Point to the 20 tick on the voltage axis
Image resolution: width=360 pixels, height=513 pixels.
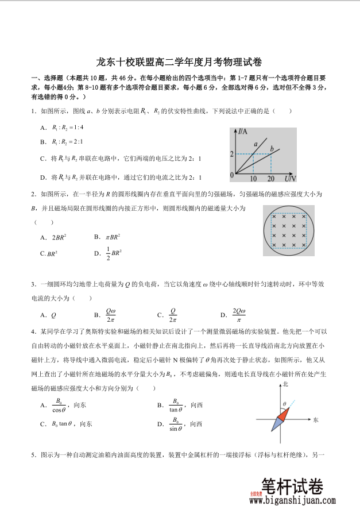[271, 179]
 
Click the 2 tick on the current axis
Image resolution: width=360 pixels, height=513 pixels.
[231, 154]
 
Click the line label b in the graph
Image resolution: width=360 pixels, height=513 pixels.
[272, 149]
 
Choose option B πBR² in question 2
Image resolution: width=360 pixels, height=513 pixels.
[107, 237]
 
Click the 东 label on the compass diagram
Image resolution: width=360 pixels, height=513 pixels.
[316, 419]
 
